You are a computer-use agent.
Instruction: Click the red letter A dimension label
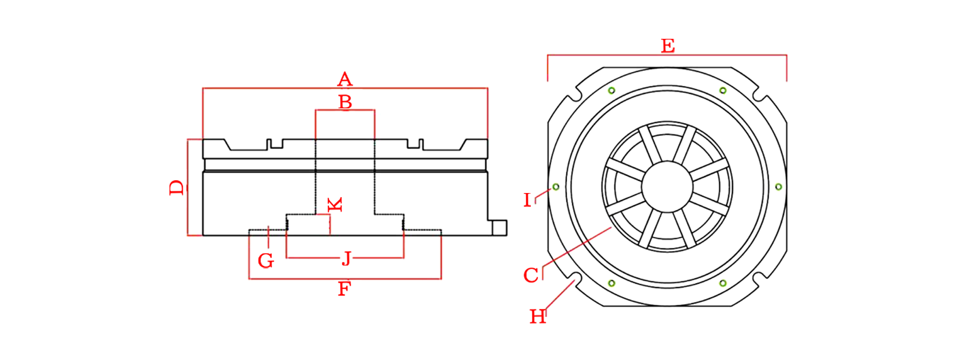click(345, 79)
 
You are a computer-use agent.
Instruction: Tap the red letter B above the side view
click(345, 102)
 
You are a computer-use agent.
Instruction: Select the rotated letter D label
click(177, 187)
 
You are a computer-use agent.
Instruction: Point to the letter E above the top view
click(668, 46)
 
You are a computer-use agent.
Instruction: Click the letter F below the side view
click(345, 289)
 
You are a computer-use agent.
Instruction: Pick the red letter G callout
click(266, 261)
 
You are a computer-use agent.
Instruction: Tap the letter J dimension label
click(347, 258)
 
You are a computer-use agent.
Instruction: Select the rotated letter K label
click(335, 205)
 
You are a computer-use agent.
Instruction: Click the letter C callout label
click(531, 275)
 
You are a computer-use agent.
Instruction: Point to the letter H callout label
click(538, 317)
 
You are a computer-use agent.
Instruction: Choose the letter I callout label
click(527, 200)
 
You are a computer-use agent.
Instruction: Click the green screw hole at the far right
click(778, 187)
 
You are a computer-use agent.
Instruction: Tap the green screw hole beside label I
click(556, 187)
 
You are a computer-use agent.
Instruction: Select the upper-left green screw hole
click(611, 90)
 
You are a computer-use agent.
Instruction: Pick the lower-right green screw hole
click(723, 283)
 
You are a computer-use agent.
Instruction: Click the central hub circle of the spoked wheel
click(667, 187)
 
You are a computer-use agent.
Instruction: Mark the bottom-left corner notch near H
click(574, 278)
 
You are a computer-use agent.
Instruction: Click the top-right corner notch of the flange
click(760, 95)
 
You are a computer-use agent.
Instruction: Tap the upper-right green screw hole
click(723, 90)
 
